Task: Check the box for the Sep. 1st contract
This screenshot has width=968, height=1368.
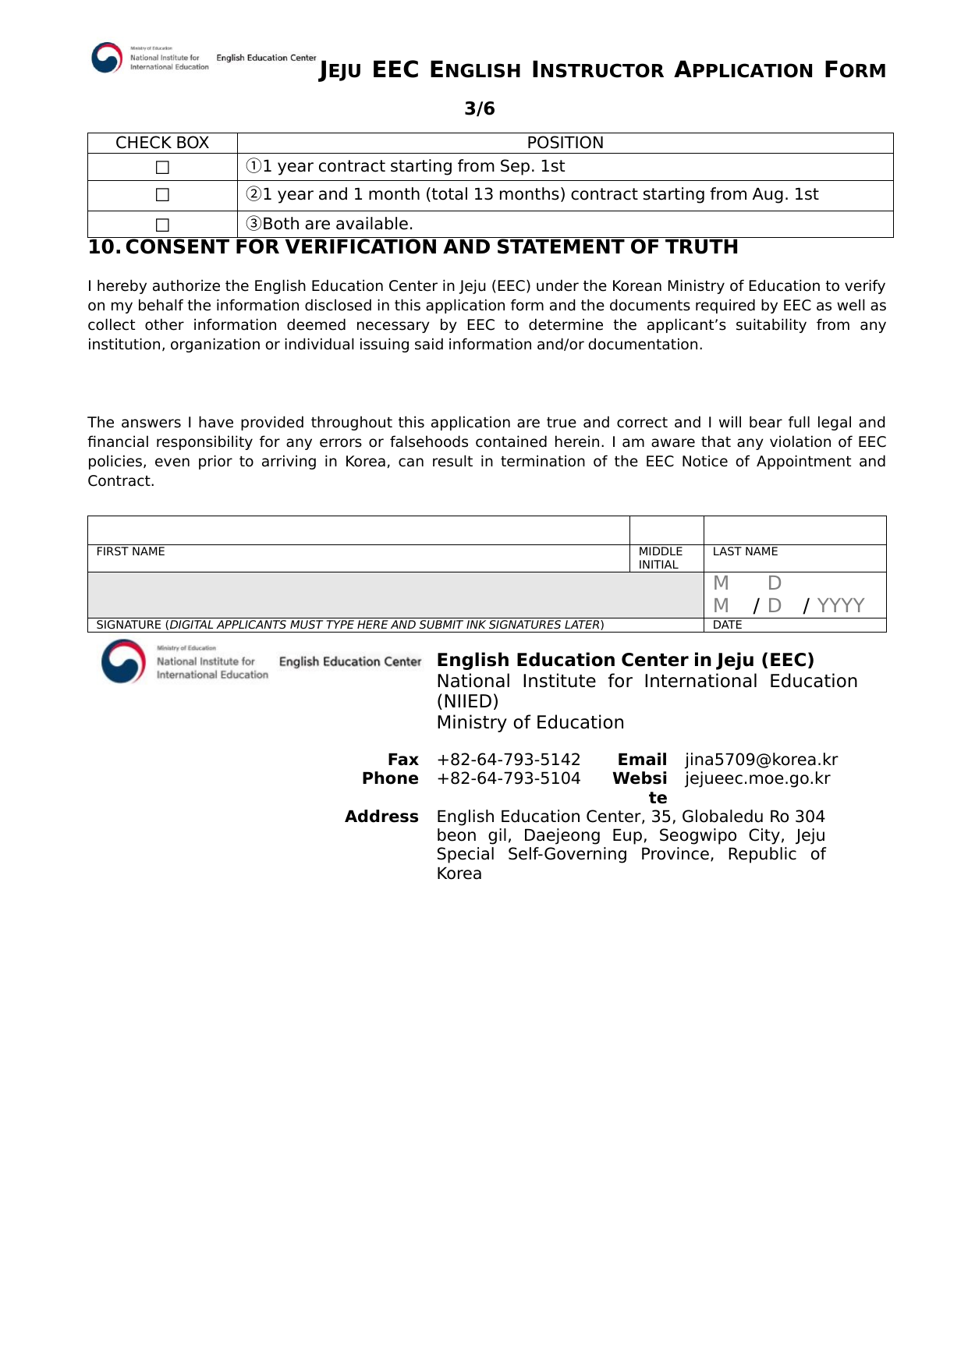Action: (162, 168)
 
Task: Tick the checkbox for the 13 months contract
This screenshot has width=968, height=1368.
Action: (162, 195)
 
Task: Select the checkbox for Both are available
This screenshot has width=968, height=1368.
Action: (162, 225)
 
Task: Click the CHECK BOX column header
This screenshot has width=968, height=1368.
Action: (162, 143)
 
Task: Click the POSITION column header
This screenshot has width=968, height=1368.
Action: (565, 143)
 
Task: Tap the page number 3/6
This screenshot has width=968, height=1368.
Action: (480, 108)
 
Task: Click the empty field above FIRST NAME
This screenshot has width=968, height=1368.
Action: (358, 530)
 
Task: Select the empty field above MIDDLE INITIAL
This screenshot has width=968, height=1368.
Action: (666, 530)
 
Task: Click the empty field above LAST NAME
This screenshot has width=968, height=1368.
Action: (794, 530)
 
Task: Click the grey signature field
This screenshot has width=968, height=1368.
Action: (395, 595)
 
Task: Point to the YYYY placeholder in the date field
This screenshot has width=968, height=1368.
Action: (840, 606)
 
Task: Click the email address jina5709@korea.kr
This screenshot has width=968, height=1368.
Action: (761, 760)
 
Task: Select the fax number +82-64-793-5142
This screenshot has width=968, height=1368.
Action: (509, 760)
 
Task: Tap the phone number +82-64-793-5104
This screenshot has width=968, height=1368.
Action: (509, 778)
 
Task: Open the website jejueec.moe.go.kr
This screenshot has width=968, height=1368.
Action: (757, 778)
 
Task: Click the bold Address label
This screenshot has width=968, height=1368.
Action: (381, 817)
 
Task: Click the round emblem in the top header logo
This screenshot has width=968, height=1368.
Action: (107, 58)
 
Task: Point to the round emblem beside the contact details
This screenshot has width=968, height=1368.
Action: (123, 661)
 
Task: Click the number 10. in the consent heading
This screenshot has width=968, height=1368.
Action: (105, 247)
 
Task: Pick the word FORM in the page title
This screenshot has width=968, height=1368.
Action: (856, 71)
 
